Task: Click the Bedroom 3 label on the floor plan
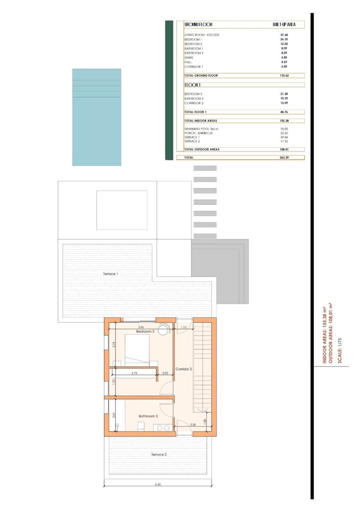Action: tap(145, 331)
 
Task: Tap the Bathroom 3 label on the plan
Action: tap(148, 416)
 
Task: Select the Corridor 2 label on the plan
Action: tap(184, 369)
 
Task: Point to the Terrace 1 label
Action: tap(110, 274)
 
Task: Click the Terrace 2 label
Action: tap(159, 454)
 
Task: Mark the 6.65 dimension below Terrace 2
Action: tap(157, 484)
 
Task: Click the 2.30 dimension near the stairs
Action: tap(193, 425)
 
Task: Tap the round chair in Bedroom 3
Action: tap(163, 330)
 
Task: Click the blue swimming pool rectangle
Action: tap(96, 117)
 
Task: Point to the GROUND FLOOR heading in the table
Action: tap(198, 25)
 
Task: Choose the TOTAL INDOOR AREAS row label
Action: tap(201, 120)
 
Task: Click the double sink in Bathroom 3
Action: tap(163, 428)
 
